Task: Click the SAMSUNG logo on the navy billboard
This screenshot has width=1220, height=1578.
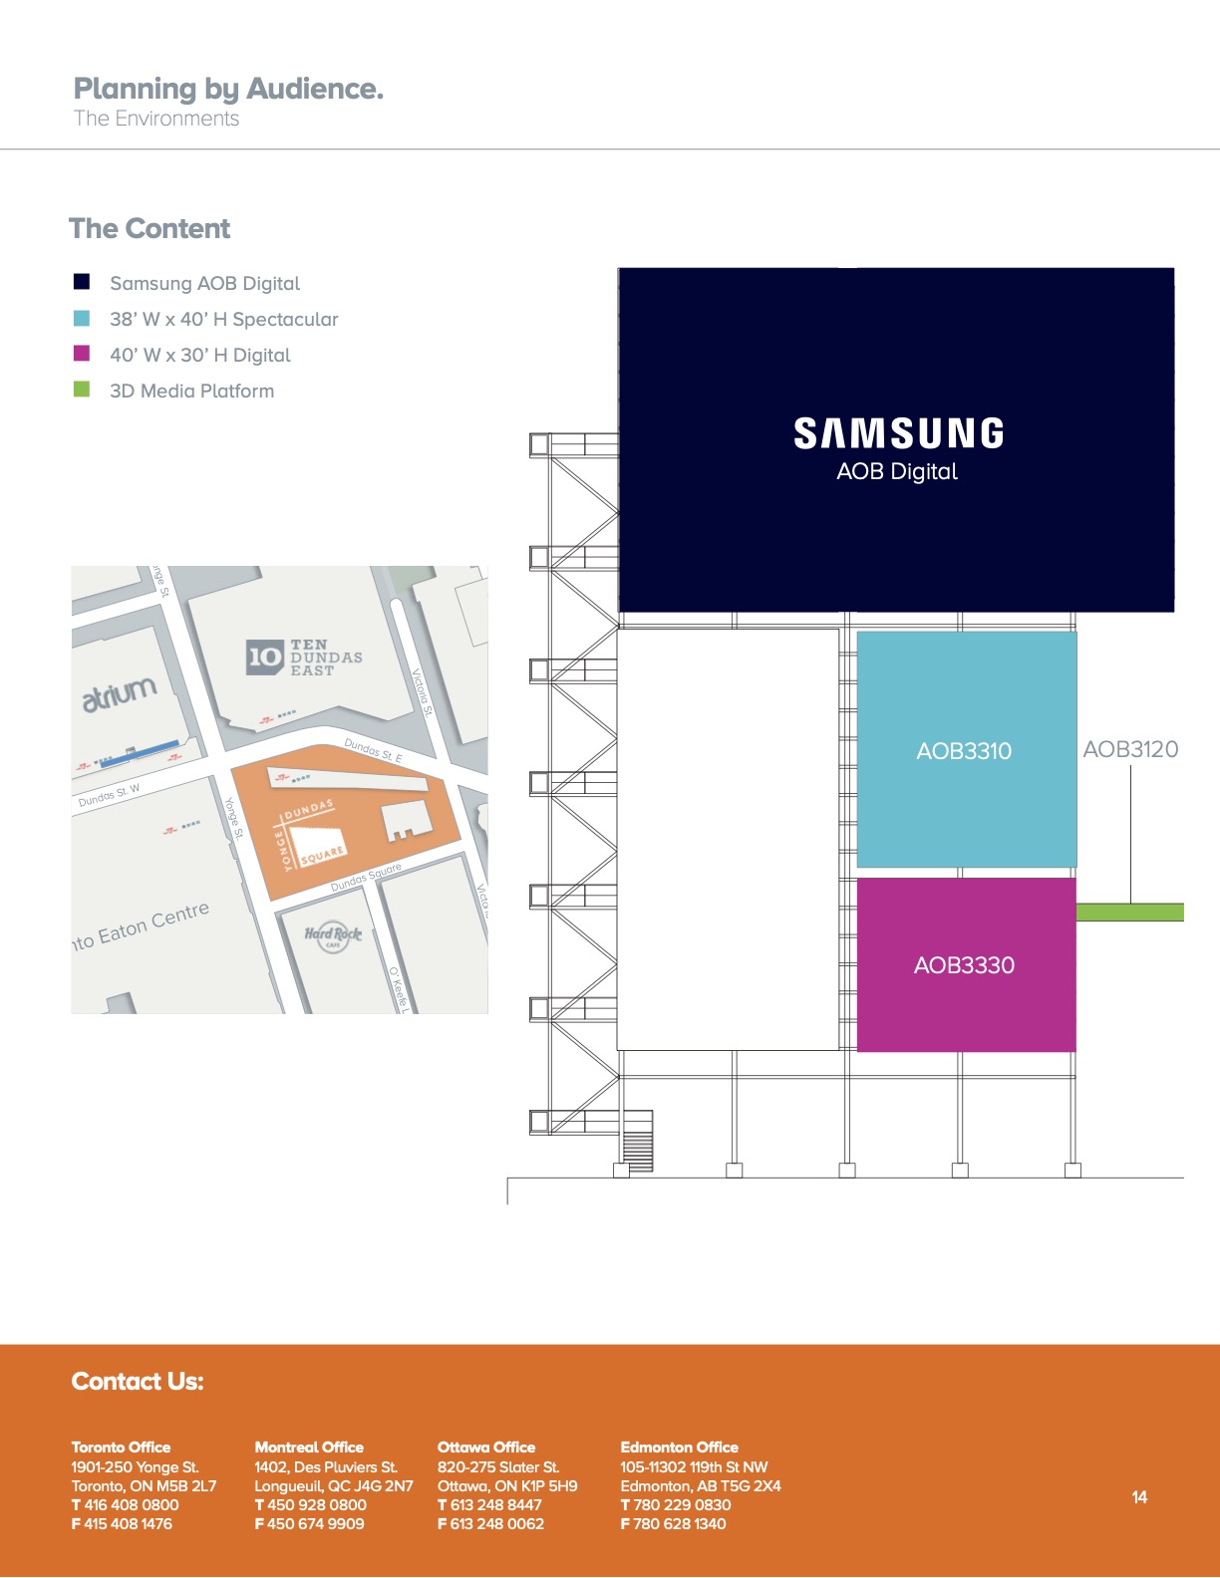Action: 898,432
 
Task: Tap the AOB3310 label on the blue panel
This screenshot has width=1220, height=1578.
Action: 964,751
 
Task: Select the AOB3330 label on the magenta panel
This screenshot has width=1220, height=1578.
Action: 964,965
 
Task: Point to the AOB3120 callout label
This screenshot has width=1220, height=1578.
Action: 1130,749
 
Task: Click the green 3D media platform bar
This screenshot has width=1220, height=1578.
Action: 1130,913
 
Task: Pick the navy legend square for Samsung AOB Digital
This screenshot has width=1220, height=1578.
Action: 82,282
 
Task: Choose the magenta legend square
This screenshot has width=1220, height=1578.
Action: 82,354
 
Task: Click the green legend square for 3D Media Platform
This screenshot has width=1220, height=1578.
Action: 82,390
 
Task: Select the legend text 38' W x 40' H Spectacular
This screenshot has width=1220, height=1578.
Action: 224,320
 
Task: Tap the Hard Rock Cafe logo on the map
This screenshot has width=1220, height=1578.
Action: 333,935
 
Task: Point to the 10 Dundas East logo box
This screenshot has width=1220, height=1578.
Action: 264,657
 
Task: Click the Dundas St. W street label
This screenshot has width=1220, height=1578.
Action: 109,795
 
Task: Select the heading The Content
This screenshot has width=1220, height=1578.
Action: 150,228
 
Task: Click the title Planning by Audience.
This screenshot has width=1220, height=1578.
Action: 228,89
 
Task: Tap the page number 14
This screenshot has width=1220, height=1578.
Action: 1139,1496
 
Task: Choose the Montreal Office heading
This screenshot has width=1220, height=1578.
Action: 309,1447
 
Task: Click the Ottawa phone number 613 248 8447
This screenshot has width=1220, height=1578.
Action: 495,1504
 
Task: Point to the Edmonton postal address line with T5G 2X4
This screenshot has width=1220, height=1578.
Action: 701,1485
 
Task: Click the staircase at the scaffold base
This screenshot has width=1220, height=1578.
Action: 637,1141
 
